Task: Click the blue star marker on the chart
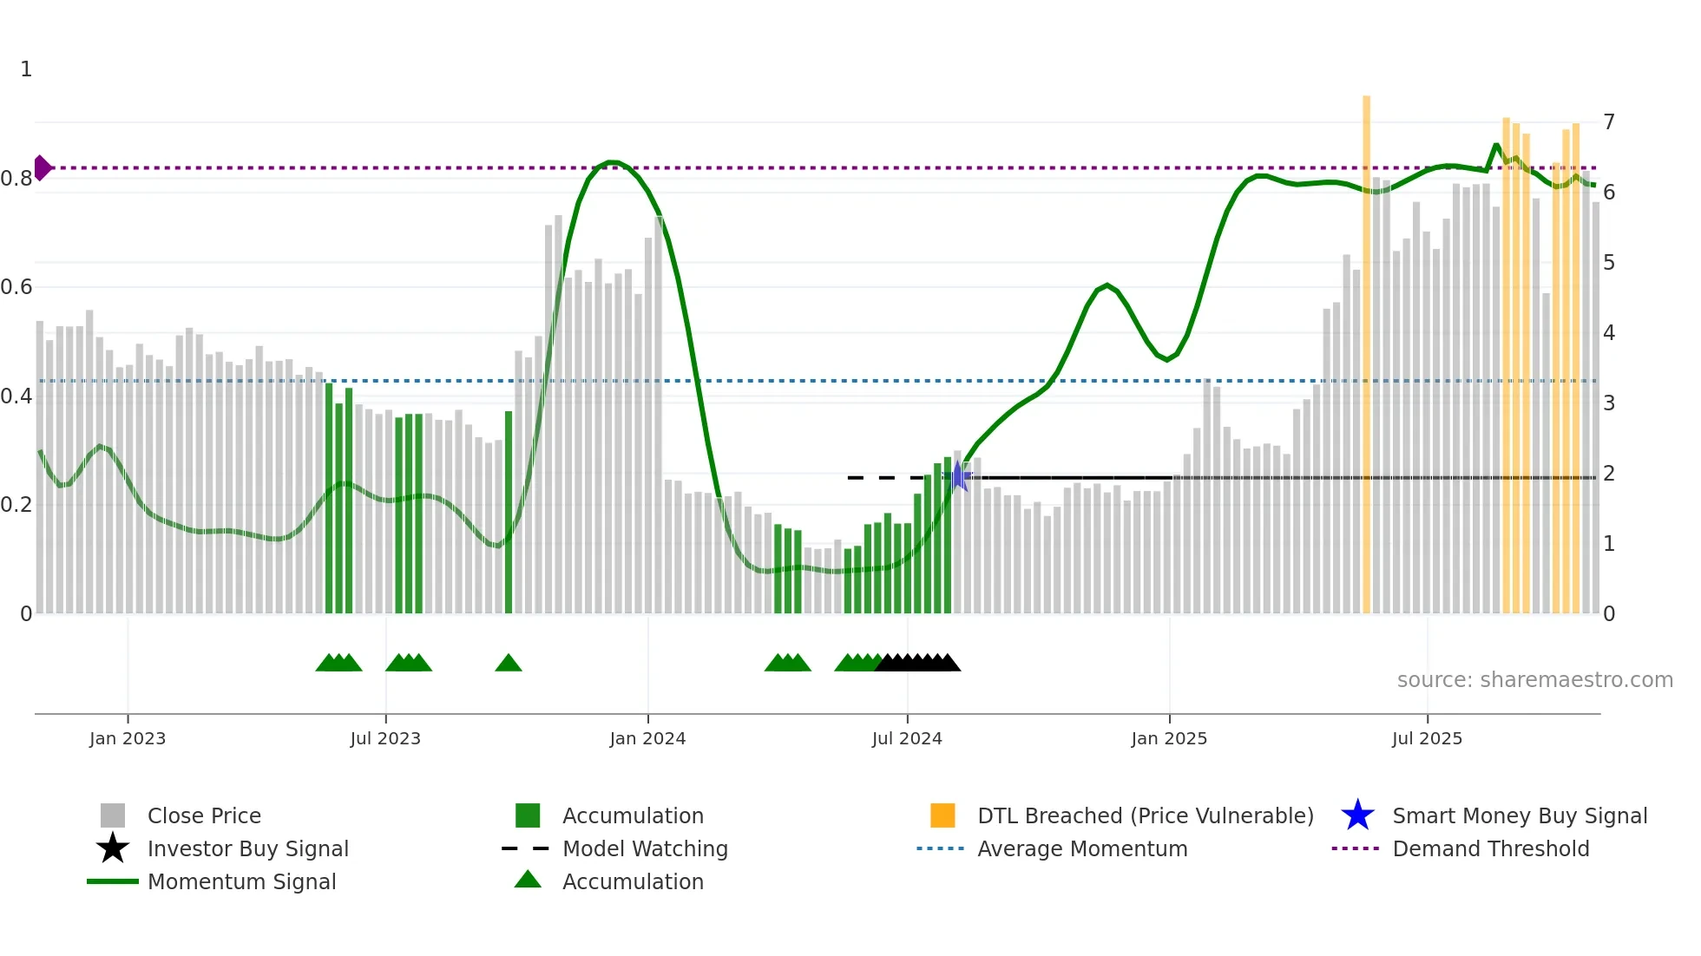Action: [x=959, y=476]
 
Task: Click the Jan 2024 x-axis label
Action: [x=647, y=738]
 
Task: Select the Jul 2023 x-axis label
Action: [x=385, y=738]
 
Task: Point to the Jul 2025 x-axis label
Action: [x=1427, y=738]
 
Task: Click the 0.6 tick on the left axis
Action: [x=16, y=287]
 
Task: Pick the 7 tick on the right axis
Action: [x=1609, y=121]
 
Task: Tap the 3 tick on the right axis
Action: [x=1609, y=403]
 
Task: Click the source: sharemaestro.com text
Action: [x=1534, y=680]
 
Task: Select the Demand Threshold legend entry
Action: [x=1490, y=848]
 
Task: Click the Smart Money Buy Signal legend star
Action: [x=1357, y=815]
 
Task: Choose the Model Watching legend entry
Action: [x=644, y=848]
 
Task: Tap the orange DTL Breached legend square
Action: [x=942, y=815]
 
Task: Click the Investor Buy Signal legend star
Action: [x=113, y=848]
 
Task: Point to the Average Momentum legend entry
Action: [x=1081, y=848]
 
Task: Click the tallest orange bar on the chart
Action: [x=1366, y=347]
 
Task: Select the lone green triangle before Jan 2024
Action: [x=509, y=664]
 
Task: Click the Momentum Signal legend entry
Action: [x=241, y=881]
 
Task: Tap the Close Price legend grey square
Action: [x=113, y=815]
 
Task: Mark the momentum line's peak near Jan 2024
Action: [x=612, y=162]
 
